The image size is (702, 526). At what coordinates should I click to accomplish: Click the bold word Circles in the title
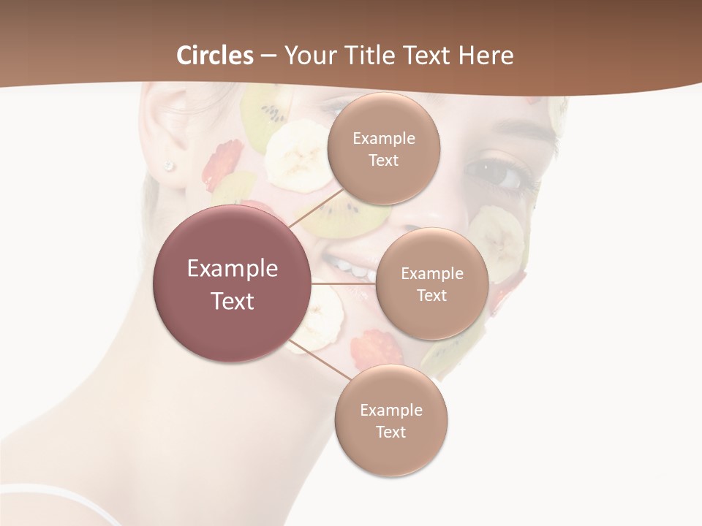(214, 56)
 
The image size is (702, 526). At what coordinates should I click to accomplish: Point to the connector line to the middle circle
(344, 283)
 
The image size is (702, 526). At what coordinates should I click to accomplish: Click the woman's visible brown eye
(494, 173)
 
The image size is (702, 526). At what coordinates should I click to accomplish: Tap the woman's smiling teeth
(358, 270)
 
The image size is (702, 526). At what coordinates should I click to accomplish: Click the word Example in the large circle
(233, 269)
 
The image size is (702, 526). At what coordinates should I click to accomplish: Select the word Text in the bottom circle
(390, 432)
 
